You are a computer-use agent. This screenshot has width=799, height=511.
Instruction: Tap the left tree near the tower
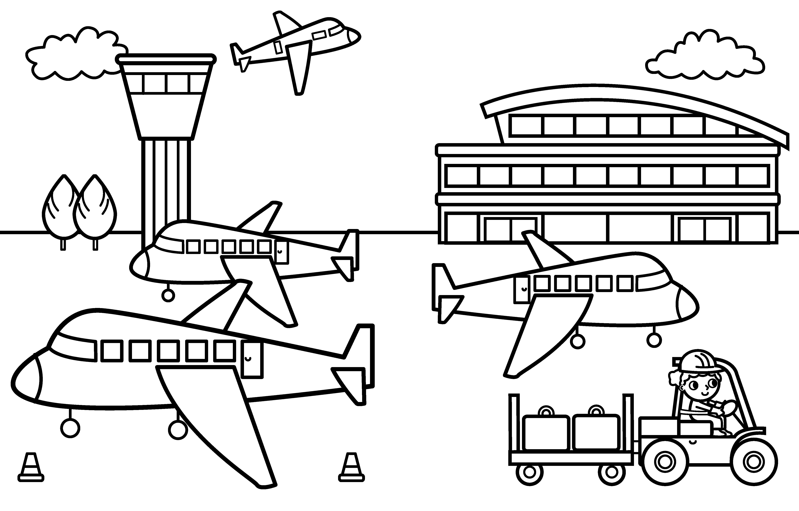coord(61,209)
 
